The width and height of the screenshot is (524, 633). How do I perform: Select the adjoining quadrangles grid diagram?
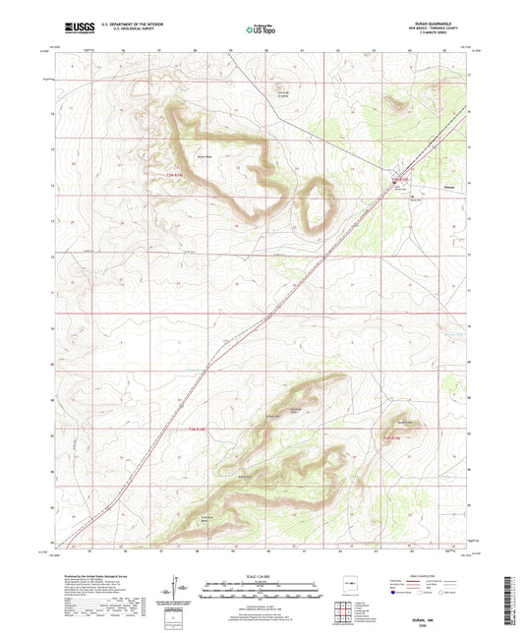[346, 609]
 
